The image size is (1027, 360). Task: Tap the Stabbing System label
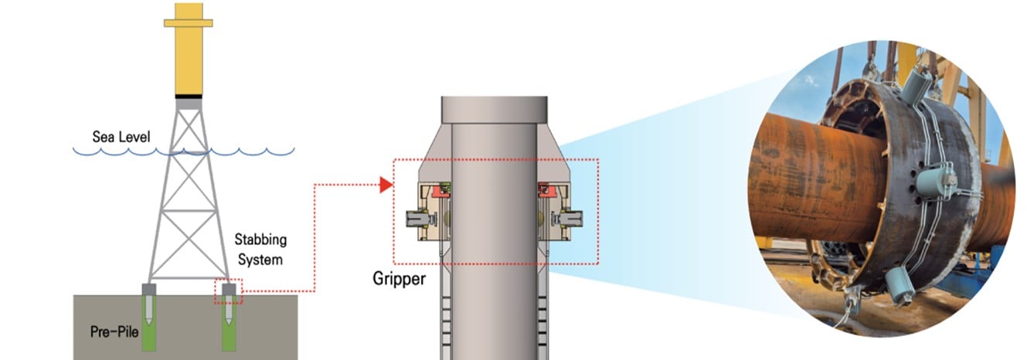pyautogui.click(x=259, y=249)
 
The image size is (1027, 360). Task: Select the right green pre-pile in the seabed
pyautogui.click(x=230, y=328)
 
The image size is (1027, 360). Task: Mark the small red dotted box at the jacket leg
pyautogui.click(x=229, y=291)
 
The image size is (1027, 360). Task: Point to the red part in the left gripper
pyautogui.click(x=441, y=189)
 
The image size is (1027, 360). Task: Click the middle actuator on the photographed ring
pyautogui.click(x=937, y=183)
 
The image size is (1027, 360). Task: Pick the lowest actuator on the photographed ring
pyautogui.click(x=899, y=287)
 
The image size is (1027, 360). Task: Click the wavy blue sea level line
pyautogui.click(x=185, y=151)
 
